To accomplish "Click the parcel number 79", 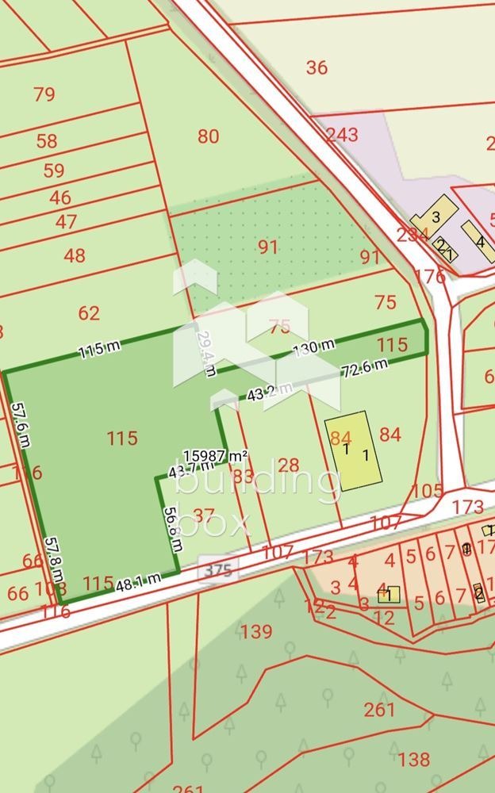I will click(x=44, y=94).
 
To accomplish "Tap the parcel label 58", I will click(x=47, y=142).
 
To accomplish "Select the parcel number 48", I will click(x=75, y=256).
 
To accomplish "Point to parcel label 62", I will click(x=89, y=313).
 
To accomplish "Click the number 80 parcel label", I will click(x=208, y=136).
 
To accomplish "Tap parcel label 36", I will click(x=317, y=67).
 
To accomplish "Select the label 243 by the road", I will click(x=342, y=135).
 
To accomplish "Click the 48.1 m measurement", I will click(x=139, y=582).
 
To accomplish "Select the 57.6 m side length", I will click(x=21, y=425).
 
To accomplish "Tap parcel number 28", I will click(x=289, y=465).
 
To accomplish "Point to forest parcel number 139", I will click(x=256, y=632).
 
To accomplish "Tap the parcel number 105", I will click(x=428, y=491).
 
